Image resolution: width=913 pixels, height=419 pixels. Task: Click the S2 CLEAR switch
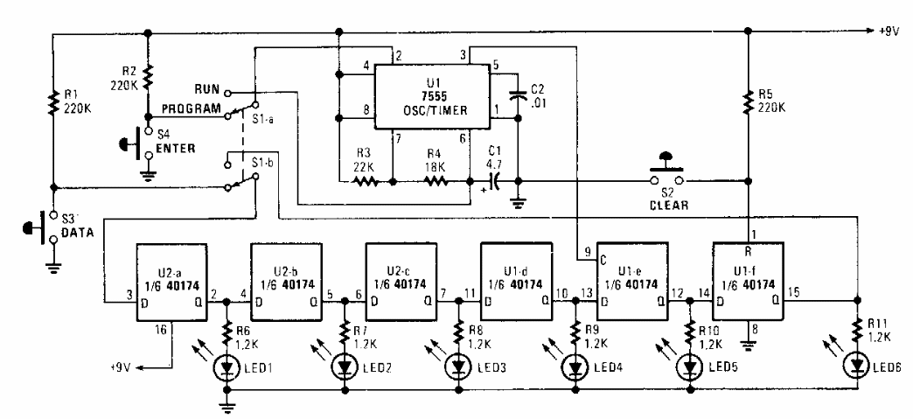click(667, 176)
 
